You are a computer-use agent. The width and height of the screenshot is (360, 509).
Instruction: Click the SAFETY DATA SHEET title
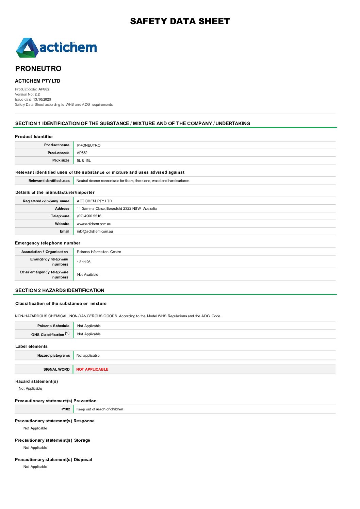pos(180,21)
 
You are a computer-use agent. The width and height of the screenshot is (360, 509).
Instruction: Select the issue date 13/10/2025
pos(42,100)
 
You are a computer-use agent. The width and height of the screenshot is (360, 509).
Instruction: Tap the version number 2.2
pos(37,95)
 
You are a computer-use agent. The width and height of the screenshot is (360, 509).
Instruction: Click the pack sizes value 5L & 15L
pos(84,160)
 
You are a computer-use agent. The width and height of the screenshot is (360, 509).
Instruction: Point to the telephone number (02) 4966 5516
pos(89,216)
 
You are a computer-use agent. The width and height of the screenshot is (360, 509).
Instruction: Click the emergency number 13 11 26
pos(84,262)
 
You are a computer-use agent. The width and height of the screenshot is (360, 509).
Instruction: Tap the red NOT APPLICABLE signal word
pos(92,370)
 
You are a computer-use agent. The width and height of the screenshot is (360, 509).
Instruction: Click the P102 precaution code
pos(66,409)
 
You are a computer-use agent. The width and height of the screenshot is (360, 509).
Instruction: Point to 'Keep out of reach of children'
pos(100,409)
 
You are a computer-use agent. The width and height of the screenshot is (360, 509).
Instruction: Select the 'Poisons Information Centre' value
pos(99,252)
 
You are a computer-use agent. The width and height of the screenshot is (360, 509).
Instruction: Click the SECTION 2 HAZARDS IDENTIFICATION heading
pos(60,290)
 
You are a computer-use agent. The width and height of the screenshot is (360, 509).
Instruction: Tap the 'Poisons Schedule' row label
pos(53,326)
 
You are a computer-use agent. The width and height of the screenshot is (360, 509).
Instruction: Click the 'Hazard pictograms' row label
pos(53,356)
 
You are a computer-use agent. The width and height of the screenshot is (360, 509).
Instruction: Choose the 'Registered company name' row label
pos(46,201)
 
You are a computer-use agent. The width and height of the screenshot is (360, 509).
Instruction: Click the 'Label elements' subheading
pos(31,346)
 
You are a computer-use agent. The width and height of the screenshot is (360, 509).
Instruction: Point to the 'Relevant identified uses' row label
pos(49,181)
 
